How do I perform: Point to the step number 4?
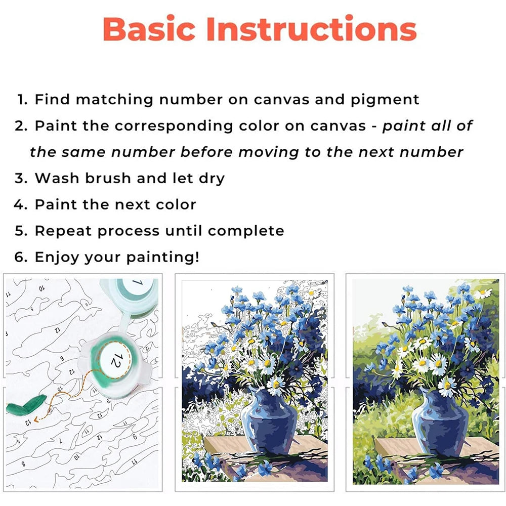pos(20,205)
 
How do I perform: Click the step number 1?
pos(22,100)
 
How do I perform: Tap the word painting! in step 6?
pos(167,258)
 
